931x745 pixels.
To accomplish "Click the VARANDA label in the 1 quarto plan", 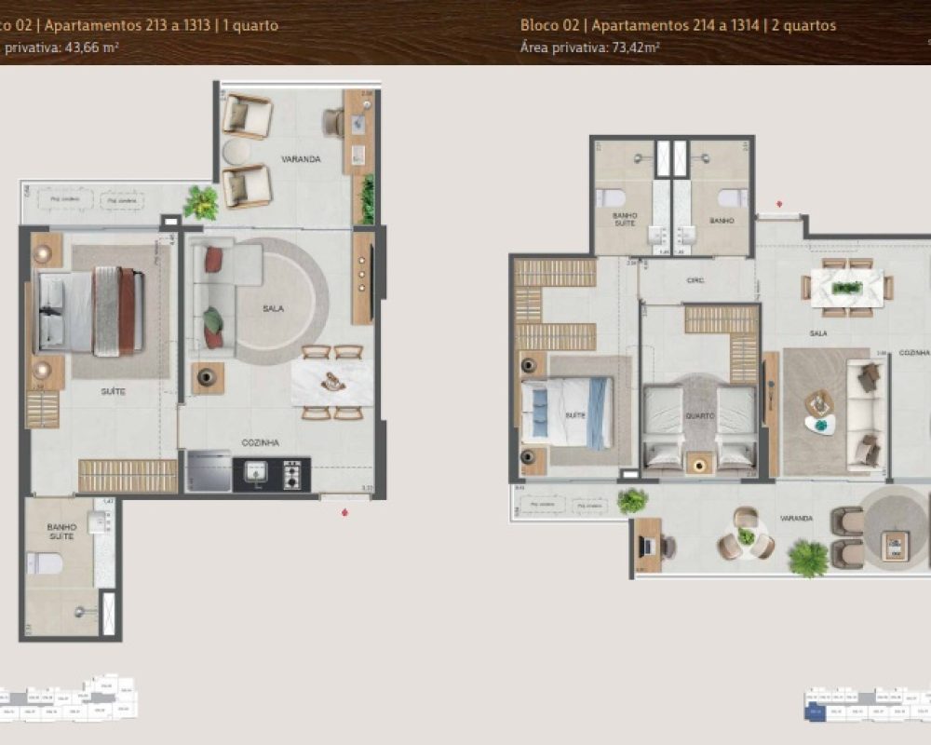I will coord(304,159).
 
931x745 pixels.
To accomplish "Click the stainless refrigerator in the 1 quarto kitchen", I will coord(208,471).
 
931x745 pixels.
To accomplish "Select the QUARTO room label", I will coord(699,415).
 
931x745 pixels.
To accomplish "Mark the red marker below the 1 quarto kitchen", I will coord(345,511).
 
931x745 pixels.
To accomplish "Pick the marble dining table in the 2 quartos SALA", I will coord(846,287).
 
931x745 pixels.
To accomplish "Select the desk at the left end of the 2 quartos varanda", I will coord(648,542).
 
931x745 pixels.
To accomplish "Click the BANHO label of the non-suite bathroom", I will coord(722,221).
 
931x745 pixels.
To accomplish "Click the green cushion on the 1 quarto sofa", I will coord(214,319).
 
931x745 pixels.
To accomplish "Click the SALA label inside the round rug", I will coord(273,308).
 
